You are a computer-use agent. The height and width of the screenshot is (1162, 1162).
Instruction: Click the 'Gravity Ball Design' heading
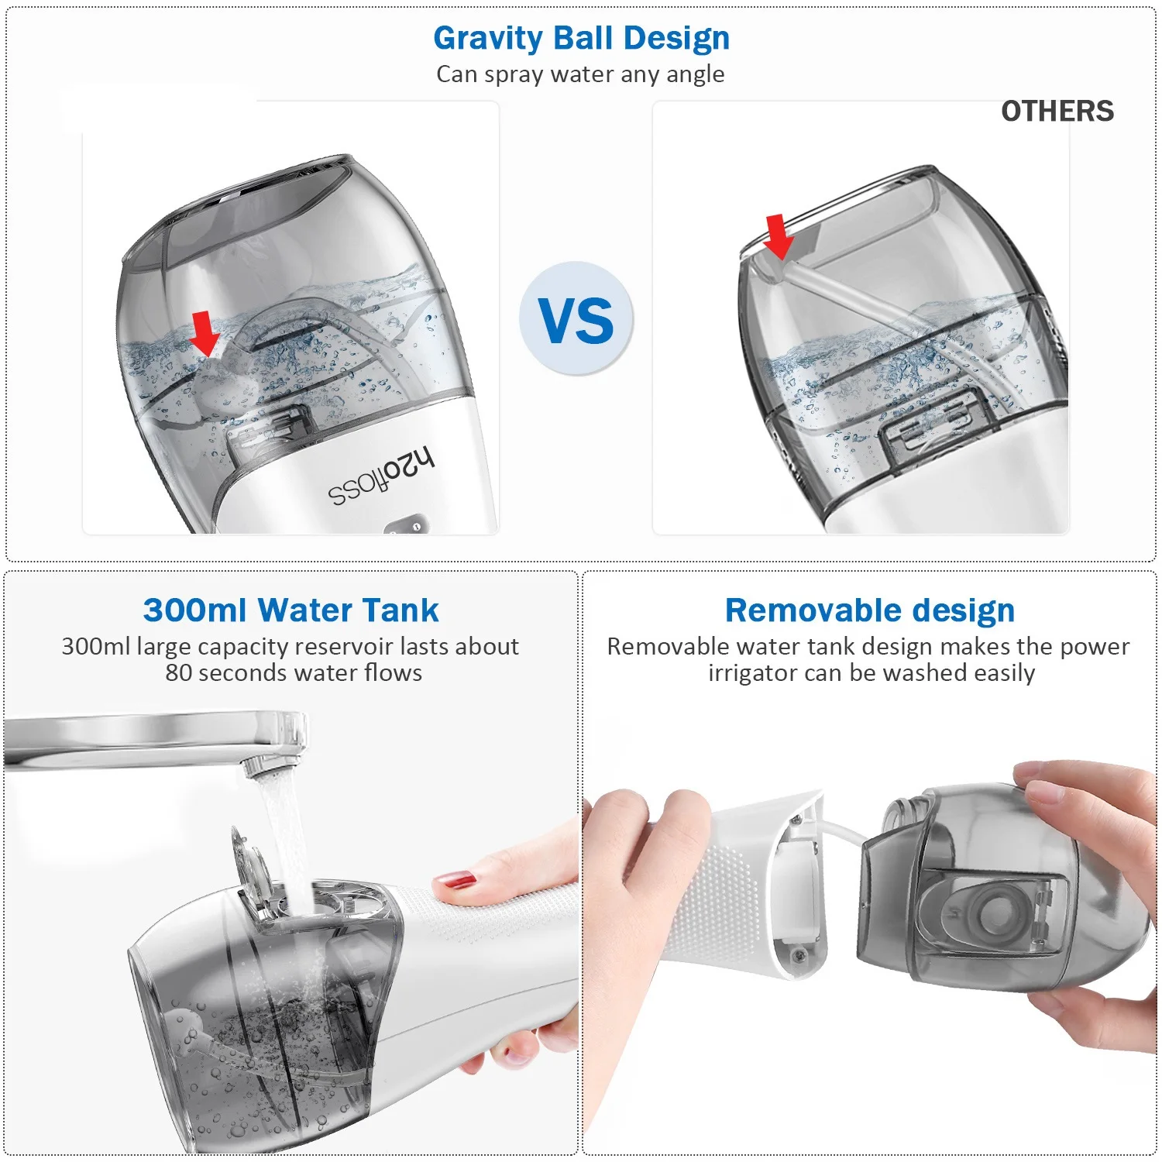(x=581, y=38)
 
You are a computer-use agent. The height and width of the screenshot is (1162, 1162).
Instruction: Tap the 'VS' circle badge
(x=576, y=319)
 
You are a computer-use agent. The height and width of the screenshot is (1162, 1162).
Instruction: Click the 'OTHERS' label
(x=1057, y=112)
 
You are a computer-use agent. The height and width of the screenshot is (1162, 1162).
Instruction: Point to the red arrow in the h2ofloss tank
(x=205, y=332)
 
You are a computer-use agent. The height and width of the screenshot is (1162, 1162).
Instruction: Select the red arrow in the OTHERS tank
(x=778, y=236)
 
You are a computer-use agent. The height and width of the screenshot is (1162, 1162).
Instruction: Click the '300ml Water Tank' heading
(x=290, y=610)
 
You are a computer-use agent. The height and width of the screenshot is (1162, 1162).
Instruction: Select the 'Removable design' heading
(x=869, y=610)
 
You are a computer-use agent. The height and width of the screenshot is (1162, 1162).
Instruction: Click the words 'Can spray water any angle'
(x=580, y=74)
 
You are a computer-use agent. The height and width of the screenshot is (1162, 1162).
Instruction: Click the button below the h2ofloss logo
(x=406, y=527)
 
